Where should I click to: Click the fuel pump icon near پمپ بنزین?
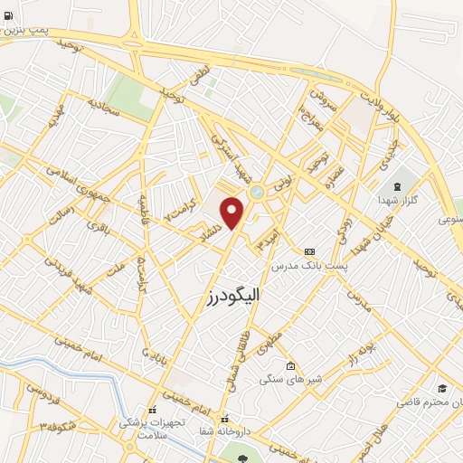click(x=9, y=15)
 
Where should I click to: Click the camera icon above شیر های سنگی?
click(x=289, y=366)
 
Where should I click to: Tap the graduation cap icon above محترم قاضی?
click(x=441, y=387)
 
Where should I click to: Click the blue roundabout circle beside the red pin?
click(x=257, y=192)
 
